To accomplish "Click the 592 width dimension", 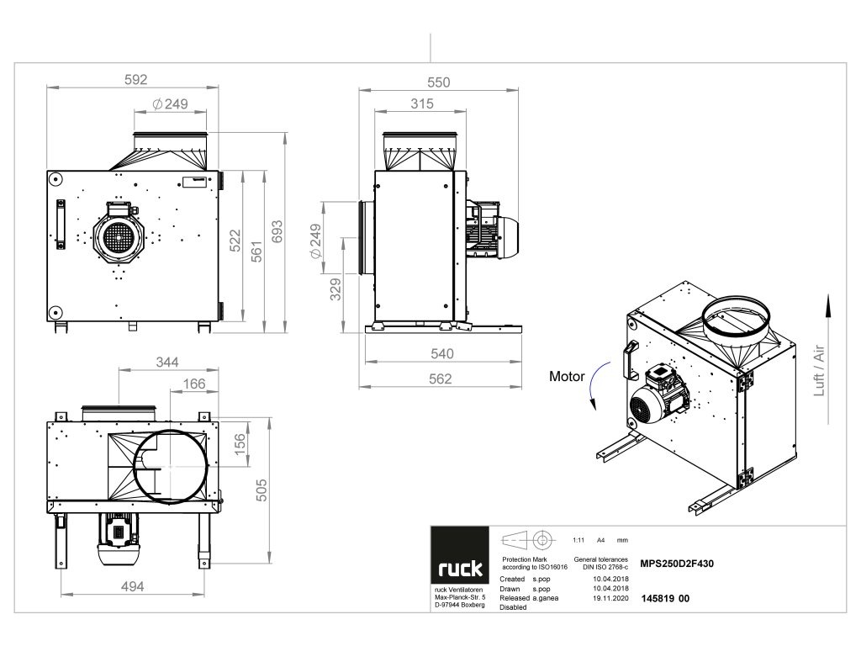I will [135, 80].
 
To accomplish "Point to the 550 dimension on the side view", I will [438, 82].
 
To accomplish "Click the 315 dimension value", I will [422, 104].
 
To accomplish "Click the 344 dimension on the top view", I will [167, 363].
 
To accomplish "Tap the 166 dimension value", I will [194, 384].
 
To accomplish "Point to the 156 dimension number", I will [240, 442].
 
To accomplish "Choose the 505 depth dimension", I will [261, 488].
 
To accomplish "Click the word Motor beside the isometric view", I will [567, 377].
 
